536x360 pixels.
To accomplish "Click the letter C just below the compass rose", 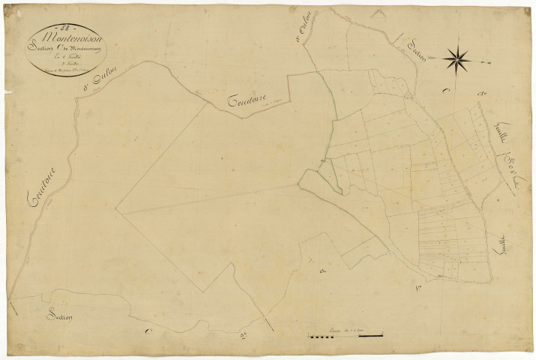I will click(x=446, y=91).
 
